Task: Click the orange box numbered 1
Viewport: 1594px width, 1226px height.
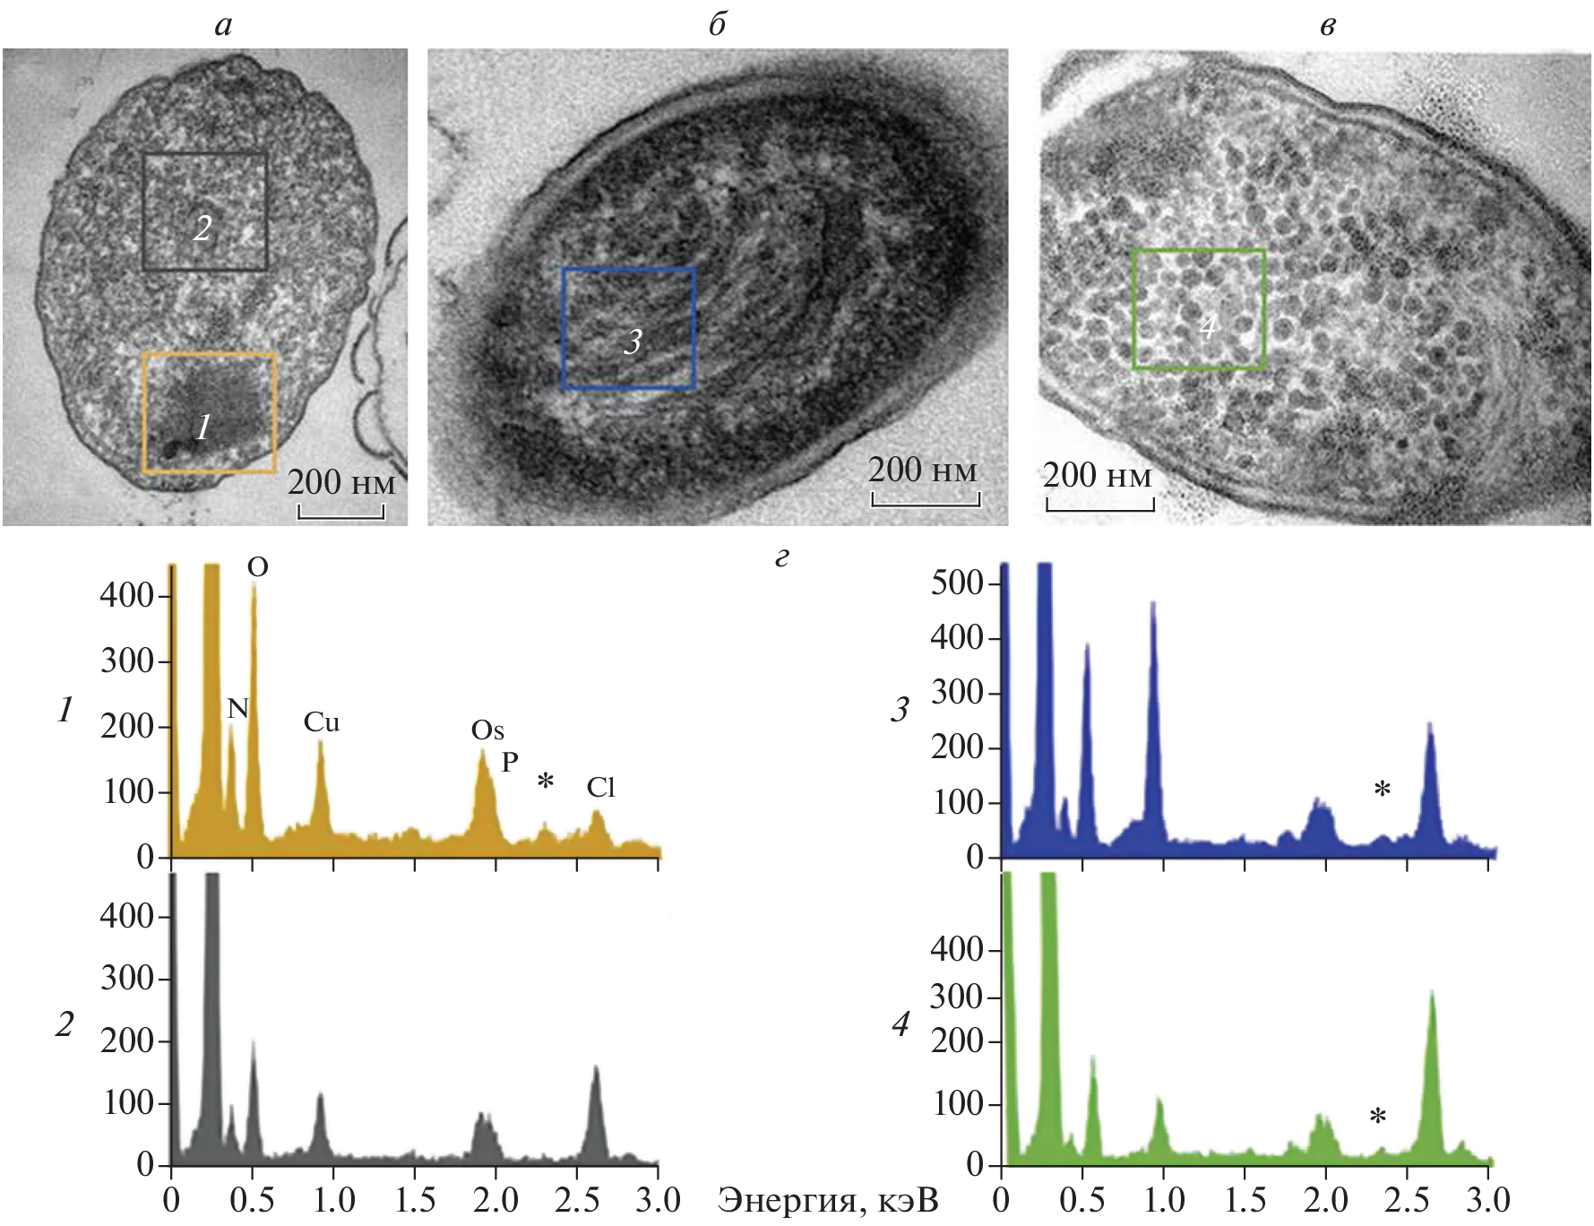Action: point(209,413)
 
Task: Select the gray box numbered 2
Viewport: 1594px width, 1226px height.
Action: point(205,212)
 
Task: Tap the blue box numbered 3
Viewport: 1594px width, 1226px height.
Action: point(628,328)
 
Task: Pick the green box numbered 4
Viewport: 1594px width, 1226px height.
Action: point(1199,309)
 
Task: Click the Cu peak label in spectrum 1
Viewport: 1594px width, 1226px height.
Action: point(322,722)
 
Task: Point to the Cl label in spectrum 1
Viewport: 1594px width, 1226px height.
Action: point(601,788)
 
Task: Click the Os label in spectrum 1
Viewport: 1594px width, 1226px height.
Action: point(487,730)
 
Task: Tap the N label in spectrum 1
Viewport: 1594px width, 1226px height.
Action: point(237,709)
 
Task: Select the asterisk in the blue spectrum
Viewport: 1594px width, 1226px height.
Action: point(1383,790)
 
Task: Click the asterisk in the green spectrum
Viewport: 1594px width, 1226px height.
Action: point(1378,1117)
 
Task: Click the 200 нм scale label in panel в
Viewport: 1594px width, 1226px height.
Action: point(1098,475)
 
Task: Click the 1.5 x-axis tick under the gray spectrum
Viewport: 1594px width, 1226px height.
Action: point(415,1199)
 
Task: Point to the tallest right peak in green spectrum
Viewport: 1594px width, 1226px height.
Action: point(1431,995)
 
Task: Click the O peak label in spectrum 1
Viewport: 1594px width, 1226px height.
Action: point(258,567)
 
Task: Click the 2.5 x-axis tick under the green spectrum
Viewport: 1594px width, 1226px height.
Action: point(1407,1199)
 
